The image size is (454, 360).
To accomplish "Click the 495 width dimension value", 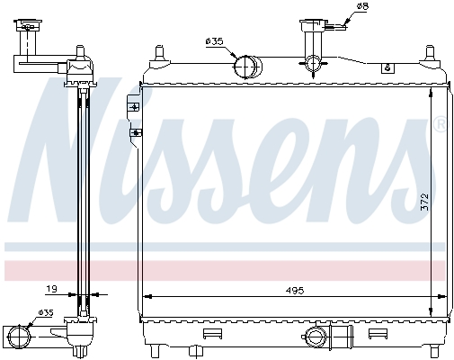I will point(294,290).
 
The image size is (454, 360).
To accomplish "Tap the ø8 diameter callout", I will point(363,9).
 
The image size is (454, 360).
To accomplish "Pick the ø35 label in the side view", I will point(45,312).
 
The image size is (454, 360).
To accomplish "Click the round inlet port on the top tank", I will point(245,67).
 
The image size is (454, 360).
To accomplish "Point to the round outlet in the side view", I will point(20,337).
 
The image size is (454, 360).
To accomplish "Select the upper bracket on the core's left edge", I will point(136,107).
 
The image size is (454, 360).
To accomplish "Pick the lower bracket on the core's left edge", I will point(136,132).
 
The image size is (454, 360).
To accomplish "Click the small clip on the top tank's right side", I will point(387,67).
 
